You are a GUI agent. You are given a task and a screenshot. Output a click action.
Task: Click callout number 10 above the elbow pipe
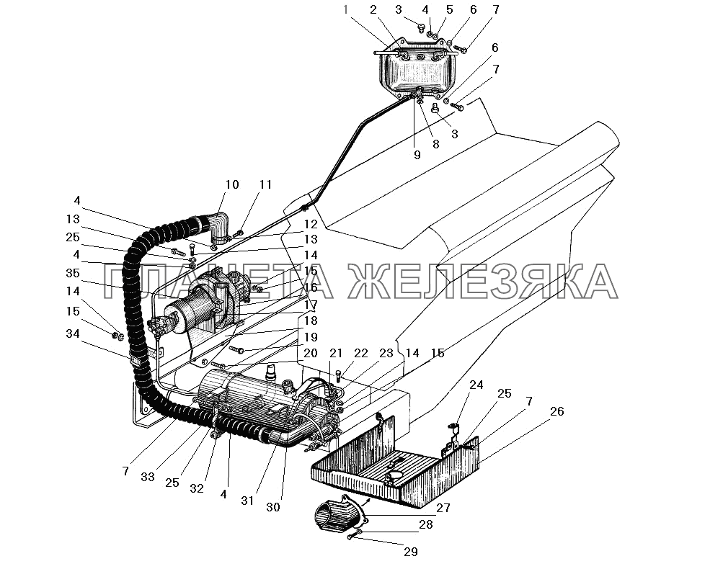pyautogui.click(x=231, y=184)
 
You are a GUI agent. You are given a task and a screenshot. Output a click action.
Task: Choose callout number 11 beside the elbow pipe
pyautogui.click(x=266, y=184)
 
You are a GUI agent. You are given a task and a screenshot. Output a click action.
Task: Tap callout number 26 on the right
pyautogui.click(x=556, y=412)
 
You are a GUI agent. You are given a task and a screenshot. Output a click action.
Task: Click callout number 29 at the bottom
pyautogui.click(x=410, y=552)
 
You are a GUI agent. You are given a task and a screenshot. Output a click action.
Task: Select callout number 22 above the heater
pyautogui.click(x=360, y=353)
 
